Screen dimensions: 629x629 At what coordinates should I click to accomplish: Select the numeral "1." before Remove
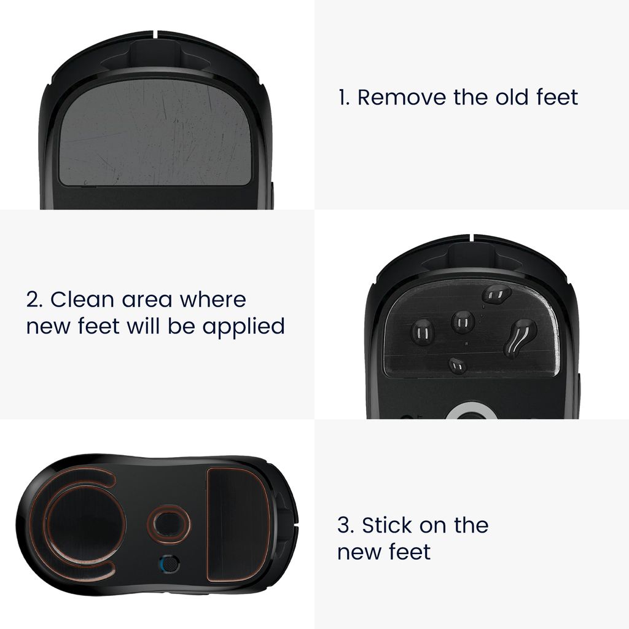click(344, 98)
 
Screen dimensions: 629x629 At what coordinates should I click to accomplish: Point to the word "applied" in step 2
click(243, 327)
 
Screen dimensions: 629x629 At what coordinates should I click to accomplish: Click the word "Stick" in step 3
click(388, 525)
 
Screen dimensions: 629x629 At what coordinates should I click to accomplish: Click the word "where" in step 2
click(213, 300)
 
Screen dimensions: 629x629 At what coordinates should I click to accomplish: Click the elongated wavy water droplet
click(520, 338)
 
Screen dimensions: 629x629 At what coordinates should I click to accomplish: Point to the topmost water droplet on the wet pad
click(496, 294)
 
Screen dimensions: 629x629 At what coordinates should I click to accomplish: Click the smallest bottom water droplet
click(457, 365)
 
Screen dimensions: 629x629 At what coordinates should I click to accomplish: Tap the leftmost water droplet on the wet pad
click(423, 332)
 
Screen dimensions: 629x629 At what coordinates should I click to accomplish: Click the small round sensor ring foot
click(169, 524)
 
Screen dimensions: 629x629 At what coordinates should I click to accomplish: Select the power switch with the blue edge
click(169, 564)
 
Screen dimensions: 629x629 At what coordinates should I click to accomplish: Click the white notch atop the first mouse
click(155, 34)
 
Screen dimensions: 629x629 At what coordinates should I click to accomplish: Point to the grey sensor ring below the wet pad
click(472, 410)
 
